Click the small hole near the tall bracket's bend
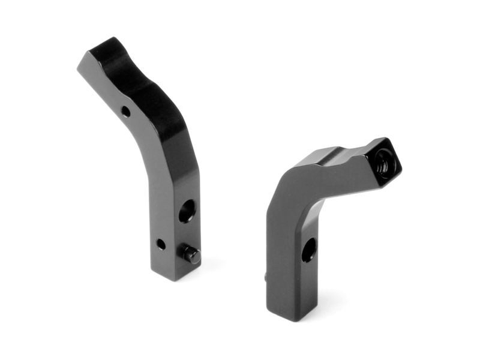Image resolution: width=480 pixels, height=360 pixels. [125, 111]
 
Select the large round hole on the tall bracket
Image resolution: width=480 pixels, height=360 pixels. [187, 211]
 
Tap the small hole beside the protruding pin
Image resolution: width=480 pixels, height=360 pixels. [161, 244]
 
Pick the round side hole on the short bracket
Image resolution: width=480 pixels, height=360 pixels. [308, 250]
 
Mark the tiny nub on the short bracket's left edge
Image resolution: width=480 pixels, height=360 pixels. [266, 277]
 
